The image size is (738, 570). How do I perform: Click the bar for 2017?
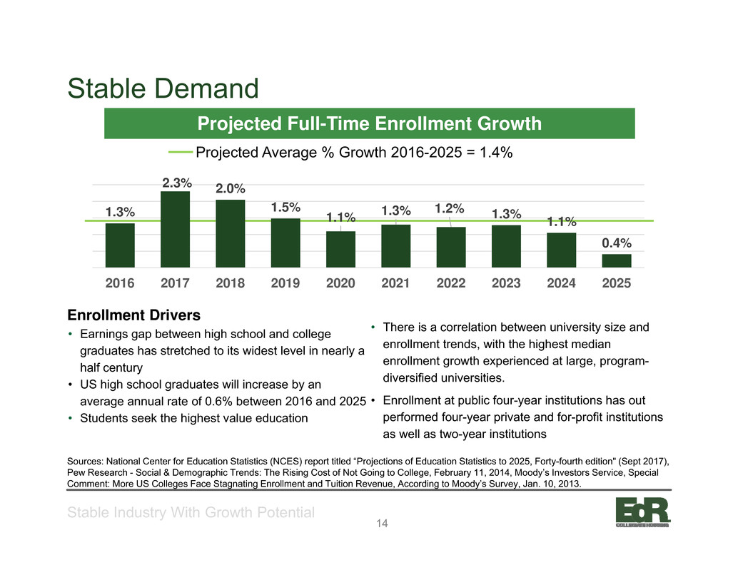(x=175, y=230)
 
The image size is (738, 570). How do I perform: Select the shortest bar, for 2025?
(x=617, y=261)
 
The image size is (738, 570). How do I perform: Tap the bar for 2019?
(x=285, y=243)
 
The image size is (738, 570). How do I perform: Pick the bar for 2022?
(x=451, y=248)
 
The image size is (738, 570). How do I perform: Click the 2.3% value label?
(x=177, y=183)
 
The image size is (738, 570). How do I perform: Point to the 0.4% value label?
(x=617, y=243)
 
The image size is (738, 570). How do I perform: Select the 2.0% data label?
(x=231, y=188)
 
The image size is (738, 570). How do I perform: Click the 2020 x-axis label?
(x=340, y=283)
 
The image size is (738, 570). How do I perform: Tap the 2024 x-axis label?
(x=562, y=283)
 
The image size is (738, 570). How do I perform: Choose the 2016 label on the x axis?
(x=120, y=283)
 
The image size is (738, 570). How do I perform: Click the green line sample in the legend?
(x=181, y=152)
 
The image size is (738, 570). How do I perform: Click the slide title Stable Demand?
(x=163, y=88)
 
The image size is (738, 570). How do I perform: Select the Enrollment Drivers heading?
(x=134, y=315)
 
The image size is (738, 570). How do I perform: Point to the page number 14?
(x=382, y=524)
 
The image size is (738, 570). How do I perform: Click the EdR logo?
(x=643, y=512)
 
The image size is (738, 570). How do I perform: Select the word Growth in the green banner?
(x=510, y=123)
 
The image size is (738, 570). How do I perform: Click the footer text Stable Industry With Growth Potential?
(x=191, y=512)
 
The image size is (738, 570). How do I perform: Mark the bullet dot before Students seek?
(x=70, y=418)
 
